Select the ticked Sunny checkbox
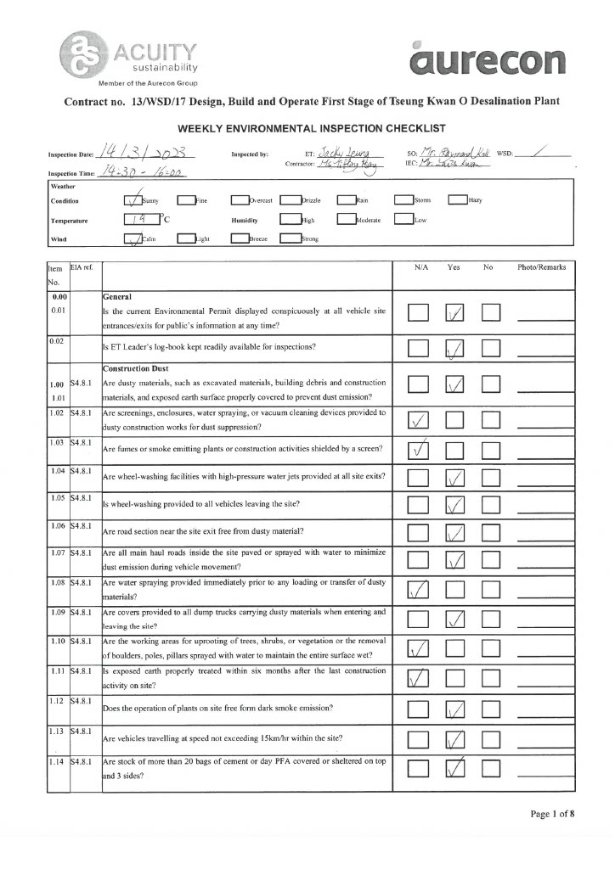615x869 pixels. coord(133,201)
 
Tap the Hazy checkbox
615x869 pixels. coord(458,201)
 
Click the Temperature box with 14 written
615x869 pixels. coord(135,220)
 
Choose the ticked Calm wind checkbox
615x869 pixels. coord(133,239)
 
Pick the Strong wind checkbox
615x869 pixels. coord(290,239)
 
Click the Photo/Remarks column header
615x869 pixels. coord(541,267)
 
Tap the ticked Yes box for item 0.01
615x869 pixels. coord(454,314)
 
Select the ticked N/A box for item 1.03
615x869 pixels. coord(418,449)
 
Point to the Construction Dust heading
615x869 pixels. coord(138,368)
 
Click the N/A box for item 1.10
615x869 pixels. coord(418,649)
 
